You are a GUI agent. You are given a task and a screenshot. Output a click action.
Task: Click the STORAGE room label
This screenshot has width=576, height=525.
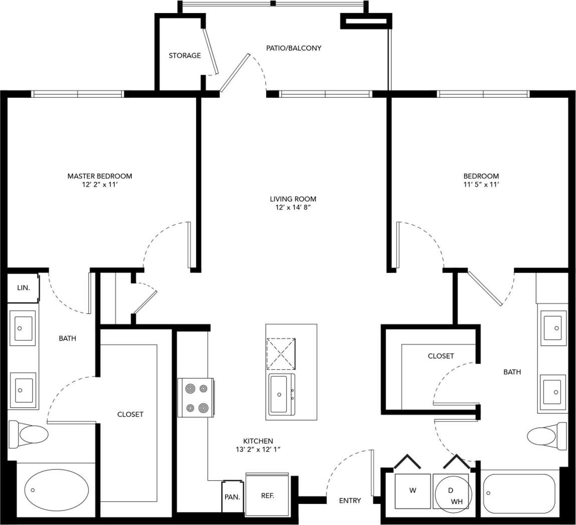[184, 56]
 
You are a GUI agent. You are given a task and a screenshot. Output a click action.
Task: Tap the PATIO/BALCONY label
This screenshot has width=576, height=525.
[293, 48]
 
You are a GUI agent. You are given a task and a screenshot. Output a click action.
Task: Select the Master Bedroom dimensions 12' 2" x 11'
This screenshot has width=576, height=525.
[100, 185]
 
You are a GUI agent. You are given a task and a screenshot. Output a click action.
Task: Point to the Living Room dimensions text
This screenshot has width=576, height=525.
[293, 207]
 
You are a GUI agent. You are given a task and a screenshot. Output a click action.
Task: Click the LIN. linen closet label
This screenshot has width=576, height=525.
[24, 288]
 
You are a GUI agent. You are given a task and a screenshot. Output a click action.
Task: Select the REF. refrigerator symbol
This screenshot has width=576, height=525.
[267, 495]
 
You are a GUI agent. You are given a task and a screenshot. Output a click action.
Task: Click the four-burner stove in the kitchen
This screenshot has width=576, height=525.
[196, 398]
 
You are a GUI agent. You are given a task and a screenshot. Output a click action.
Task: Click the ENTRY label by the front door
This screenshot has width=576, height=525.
[350, 500]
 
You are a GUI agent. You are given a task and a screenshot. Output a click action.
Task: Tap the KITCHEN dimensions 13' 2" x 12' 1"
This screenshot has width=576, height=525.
[258, 449]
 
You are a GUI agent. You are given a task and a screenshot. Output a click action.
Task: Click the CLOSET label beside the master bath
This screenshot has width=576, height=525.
[130, 414]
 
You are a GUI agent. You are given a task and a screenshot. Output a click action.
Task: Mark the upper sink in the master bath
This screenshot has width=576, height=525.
[23, 328]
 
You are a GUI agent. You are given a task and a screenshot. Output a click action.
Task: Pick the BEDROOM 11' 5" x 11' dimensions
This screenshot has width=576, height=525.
[481, 185]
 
